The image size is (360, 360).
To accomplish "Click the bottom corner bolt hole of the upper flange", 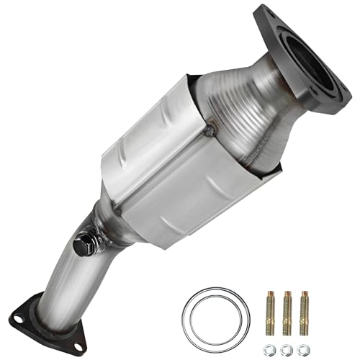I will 335,108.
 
